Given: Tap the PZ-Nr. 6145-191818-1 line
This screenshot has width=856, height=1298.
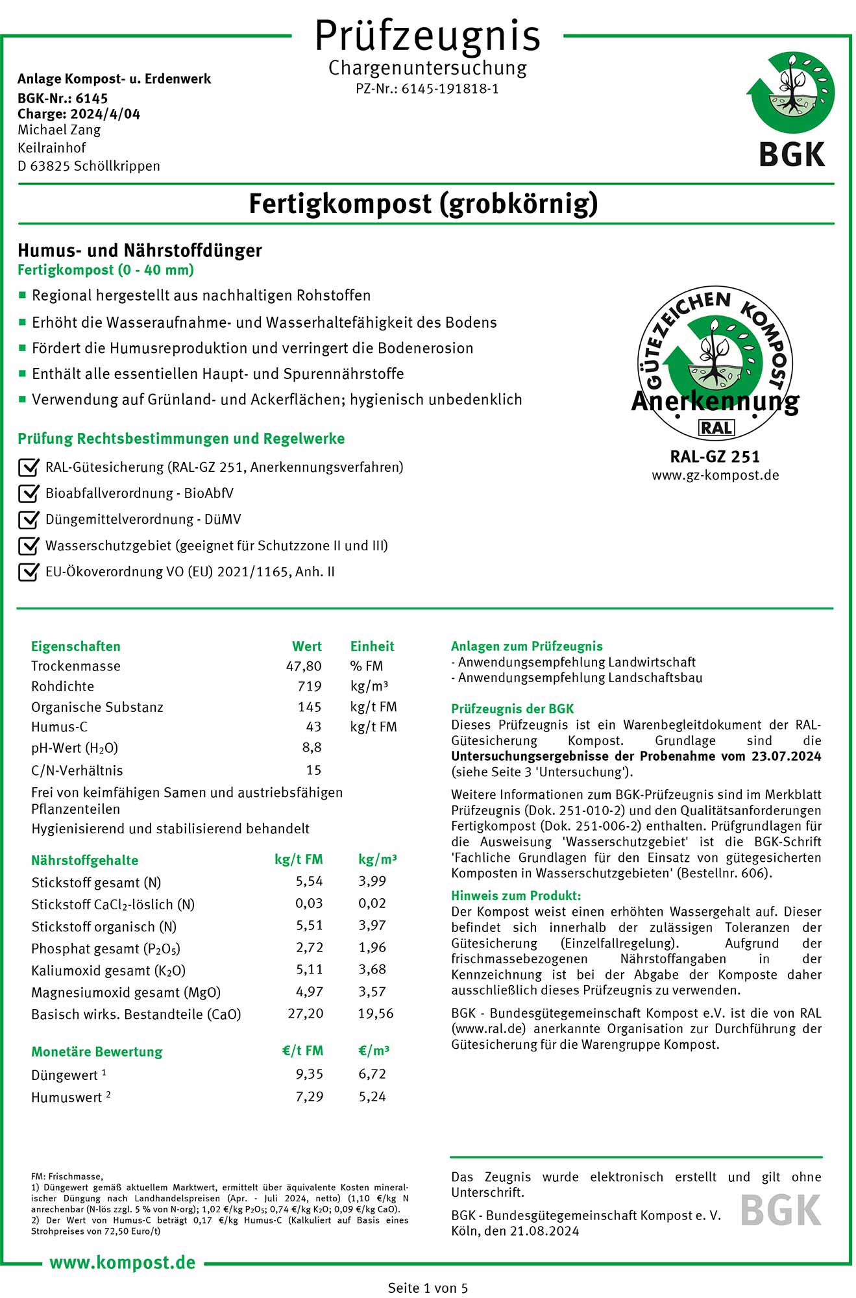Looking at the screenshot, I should [427, 89].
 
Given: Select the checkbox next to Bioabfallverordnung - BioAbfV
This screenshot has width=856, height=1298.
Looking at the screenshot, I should [29, 493].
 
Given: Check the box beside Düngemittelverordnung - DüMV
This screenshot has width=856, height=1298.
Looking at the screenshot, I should [29, 519].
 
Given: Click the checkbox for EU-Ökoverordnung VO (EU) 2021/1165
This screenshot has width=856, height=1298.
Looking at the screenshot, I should [29, 572].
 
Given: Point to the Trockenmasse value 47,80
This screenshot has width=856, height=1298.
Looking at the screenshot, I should [304, 666].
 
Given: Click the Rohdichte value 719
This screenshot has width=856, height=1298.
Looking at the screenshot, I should [310, 686].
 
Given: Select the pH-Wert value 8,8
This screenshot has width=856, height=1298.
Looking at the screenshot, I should [312, 747].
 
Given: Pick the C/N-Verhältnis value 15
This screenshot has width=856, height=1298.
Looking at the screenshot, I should [313, 770].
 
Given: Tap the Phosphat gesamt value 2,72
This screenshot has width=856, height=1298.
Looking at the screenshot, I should [310, 948].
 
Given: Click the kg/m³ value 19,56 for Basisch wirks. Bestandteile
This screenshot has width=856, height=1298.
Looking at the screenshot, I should [376, 1014].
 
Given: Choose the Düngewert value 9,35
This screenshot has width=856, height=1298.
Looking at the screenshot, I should [310, 1074].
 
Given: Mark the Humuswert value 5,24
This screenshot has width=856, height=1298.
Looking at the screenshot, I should [373, 1096].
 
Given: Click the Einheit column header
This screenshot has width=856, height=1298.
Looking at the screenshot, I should [372, 646].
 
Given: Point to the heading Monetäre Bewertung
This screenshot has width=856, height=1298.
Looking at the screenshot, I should [97, 1051].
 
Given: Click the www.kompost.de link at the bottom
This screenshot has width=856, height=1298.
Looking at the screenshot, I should [123, 1262].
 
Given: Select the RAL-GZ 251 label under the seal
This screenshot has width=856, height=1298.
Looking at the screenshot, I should [715, 457].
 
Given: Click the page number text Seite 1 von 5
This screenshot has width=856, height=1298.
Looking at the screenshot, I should [428, 1288].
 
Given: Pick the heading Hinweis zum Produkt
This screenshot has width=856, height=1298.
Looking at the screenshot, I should [516, 896].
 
